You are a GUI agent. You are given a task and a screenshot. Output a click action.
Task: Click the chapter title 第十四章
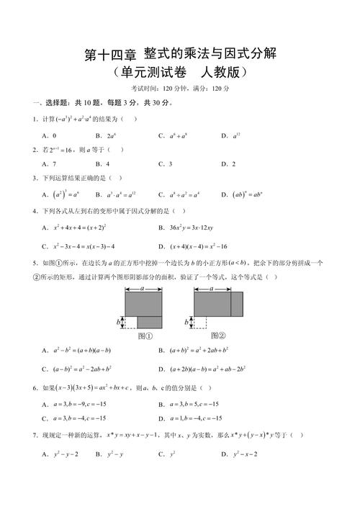point(109,55)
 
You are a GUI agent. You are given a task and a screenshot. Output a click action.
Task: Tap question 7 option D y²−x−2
point(245,454)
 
